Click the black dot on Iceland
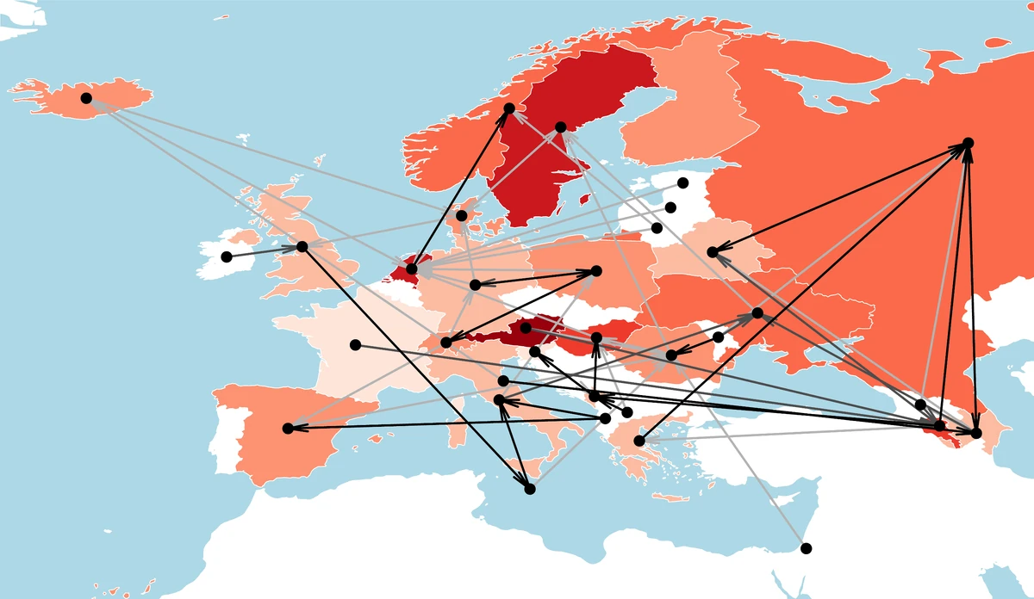point(86,98)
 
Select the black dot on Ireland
point(227,256)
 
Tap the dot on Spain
point(288,428)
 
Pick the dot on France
point(355,345)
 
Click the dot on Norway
point(509,108)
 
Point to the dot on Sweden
point(560,127)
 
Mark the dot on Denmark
point(462,215)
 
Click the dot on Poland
point(596,271)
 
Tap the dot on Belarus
point(713,251)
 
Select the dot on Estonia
point(682,182)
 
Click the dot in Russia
point(968,142)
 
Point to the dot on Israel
point(806,548)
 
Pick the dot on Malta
point(530,489)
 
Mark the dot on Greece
point(639,442)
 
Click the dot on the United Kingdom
point(302,247)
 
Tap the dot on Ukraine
point(757,313)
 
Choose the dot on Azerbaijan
point(976,432)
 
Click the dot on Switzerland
point(445,343)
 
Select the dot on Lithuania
point(657,228)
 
